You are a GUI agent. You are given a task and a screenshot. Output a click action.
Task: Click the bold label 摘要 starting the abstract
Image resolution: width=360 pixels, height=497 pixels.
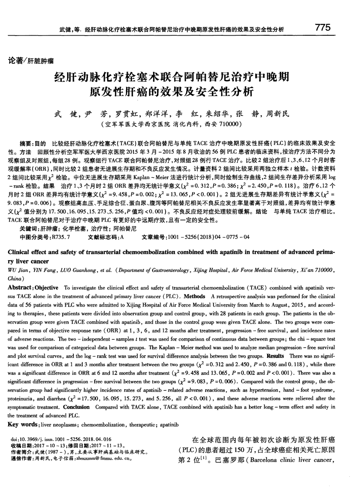click(x=25, y=143)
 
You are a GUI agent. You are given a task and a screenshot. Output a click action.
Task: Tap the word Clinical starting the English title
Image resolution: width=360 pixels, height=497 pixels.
click(x=19, y=252)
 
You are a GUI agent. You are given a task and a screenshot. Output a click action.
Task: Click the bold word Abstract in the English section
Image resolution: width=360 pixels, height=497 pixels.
click(x=20, y=288)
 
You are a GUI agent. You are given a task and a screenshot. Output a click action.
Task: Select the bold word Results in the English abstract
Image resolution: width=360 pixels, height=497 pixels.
click(x=275, y=356)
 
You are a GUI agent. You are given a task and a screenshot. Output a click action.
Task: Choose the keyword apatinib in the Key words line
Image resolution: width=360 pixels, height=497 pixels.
click(x=170, y=425)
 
